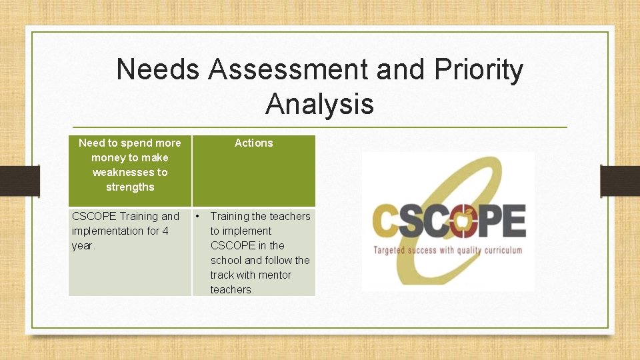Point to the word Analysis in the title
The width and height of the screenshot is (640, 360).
319,104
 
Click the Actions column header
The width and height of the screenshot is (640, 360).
253,143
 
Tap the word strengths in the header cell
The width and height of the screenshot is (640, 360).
130,187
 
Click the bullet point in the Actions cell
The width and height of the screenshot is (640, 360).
198,216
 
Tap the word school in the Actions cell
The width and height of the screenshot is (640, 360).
226,260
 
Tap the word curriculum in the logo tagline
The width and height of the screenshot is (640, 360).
500,251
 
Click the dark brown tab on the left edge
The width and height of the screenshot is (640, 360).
19,180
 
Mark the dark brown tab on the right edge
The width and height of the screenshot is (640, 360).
620,180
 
